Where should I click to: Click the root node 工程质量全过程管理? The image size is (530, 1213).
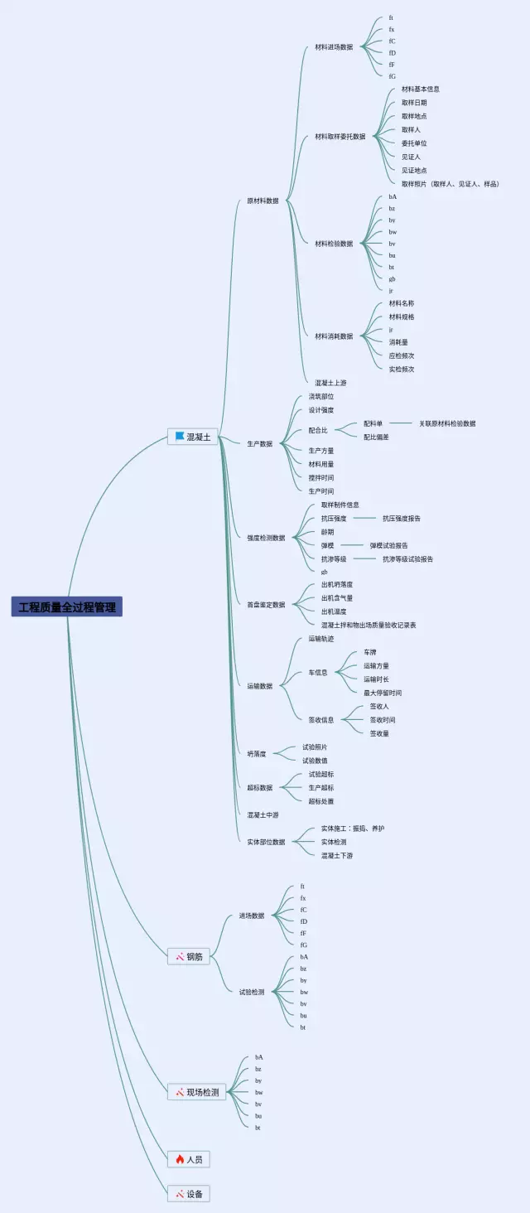67,606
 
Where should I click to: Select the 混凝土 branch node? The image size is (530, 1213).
193,437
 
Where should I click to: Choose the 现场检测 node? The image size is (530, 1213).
197,1092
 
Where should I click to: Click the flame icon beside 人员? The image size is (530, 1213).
180,1159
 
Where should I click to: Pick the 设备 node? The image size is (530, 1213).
189,1194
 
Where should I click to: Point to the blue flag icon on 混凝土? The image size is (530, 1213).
179,437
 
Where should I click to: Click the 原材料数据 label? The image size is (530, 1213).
263,201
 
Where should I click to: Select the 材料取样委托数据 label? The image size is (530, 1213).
340,137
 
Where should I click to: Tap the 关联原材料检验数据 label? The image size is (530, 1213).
447,423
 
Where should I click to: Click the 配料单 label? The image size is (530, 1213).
373,423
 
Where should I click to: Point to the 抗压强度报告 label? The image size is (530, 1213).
402,519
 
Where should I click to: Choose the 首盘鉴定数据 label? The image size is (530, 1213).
266,605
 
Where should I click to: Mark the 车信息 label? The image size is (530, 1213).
318,673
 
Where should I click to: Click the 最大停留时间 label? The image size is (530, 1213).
383,693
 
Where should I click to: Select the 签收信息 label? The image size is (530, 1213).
321,720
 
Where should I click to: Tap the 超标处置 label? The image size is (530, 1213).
321,801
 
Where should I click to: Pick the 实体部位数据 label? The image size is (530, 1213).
266,842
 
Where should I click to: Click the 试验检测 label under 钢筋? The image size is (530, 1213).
252,992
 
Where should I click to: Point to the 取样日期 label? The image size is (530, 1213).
414,103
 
